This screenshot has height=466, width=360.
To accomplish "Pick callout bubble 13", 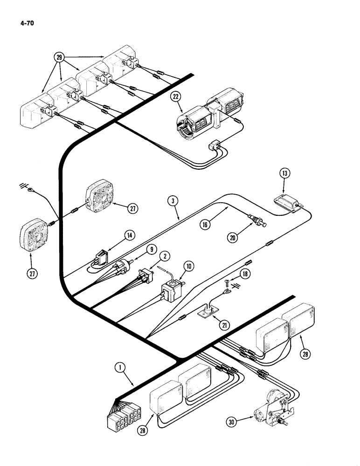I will tap(285, 174).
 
